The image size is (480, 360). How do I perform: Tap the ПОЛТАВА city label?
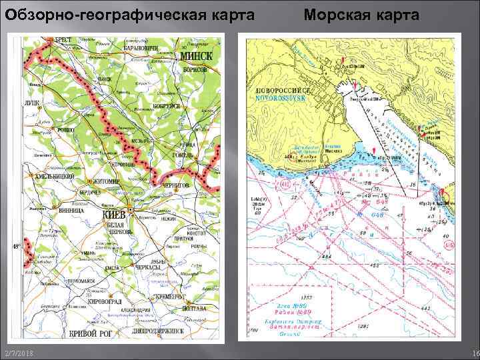point(195,308)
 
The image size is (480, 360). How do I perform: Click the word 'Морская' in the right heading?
point(338,14)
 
